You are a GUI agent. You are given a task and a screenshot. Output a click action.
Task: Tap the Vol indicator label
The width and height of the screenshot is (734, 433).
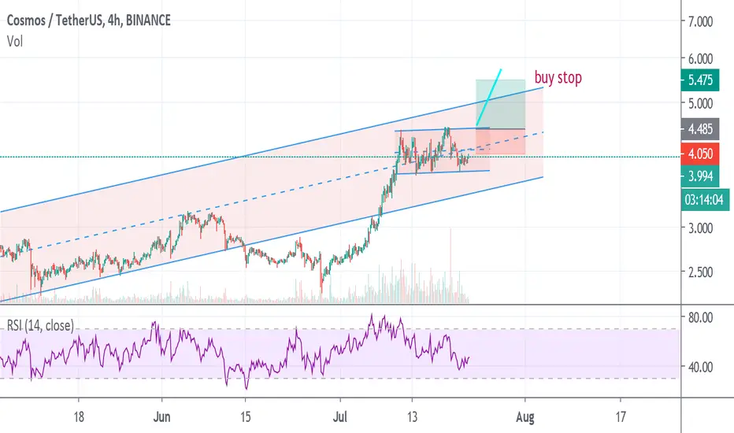click(x=15, y=42)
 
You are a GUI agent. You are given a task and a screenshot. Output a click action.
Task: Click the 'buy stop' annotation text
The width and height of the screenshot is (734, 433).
click(x=558, y=78)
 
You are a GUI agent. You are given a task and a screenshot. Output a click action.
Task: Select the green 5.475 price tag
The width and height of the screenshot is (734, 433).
click(x=700, y=80)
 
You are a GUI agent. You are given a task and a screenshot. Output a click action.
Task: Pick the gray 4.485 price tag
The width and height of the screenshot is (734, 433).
click(x=700, y=129)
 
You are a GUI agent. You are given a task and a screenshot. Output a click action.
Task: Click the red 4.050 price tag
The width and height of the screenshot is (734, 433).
click(x=700, y=154)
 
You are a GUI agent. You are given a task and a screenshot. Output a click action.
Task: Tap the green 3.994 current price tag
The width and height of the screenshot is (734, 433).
click(x=700, y=176)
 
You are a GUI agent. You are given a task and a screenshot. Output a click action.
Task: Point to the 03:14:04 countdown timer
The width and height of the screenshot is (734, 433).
click(x=705, y=200)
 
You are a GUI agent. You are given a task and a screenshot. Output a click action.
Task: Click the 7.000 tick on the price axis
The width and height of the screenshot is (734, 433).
click(x=700, y=21)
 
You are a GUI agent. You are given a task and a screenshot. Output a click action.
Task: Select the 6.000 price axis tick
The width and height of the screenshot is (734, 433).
click(x=700, y=58)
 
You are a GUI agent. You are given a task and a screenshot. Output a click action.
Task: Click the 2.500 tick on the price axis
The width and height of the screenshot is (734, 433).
click(x=700, y=272)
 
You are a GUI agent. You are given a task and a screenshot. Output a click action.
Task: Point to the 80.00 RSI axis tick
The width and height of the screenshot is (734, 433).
click(x=700, y=317)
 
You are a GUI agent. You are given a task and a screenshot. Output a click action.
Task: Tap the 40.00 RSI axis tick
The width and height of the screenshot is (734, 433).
click(x=700, y=367)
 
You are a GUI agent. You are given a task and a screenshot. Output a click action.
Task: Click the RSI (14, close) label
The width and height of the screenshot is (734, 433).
click(x=40, y=325)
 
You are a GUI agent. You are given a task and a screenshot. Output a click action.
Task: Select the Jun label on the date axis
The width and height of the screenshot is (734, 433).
click(x=161, y=416)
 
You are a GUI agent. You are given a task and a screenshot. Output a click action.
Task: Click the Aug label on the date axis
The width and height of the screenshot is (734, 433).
click(x=525, y=416)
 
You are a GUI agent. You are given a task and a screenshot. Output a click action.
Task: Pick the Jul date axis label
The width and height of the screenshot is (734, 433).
click(x=340, y=416)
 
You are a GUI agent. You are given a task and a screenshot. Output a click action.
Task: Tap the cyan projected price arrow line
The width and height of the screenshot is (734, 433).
click(x=489, y=98)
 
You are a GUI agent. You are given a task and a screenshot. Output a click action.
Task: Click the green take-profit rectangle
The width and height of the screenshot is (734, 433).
click(x=500, y=104)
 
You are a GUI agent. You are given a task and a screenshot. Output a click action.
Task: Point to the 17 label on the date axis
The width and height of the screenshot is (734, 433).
click(x=621, y=416)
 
